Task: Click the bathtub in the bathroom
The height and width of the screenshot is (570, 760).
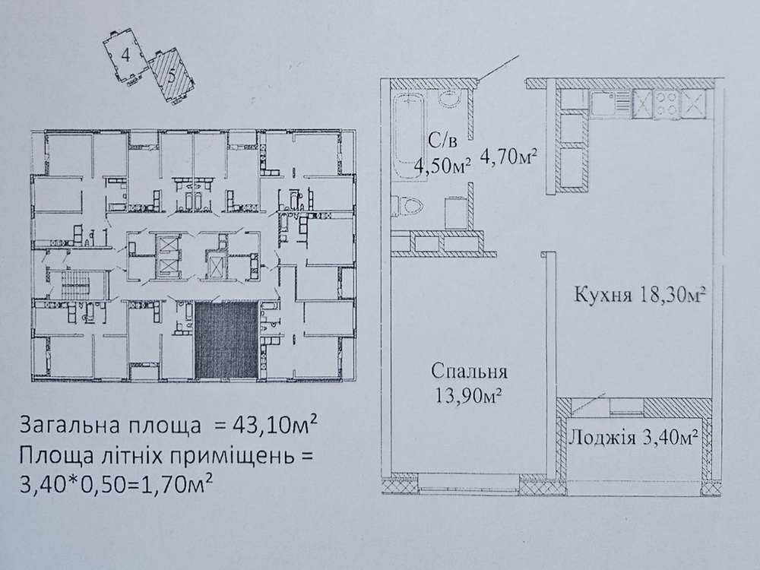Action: (x=410, y=136)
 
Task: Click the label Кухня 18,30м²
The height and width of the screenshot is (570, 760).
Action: (x=639, y=293)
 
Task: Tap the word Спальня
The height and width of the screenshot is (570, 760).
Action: (x=469, y=372)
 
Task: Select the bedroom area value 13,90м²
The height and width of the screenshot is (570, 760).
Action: (x=469, y=397)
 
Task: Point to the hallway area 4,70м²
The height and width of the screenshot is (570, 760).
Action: (x=508, y=157)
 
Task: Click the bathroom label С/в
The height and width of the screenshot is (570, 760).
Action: (x=442, y=141)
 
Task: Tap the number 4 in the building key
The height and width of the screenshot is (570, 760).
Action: (x=125, y=55)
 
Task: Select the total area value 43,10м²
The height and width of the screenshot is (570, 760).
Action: (x=275, y=425)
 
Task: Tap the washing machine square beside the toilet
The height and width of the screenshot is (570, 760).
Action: (x=457, y=211)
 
